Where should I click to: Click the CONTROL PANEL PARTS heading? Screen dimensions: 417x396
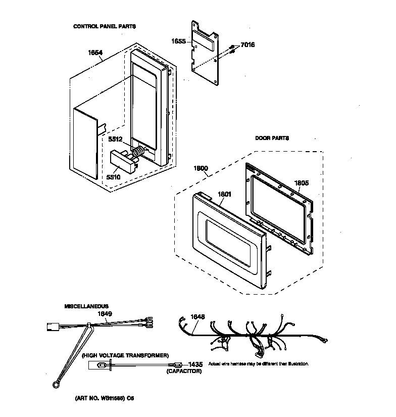[x=105, y=26]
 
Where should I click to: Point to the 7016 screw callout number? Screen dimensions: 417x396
[x=247, y=45]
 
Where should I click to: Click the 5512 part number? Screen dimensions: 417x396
[x=116, y=140]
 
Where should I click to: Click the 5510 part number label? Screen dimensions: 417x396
[x=113, y=177]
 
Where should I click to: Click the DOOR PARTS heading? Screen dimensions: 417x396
[x=272, y=138]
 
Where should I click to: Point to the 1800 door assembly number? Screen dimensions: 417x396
[x=201, y=169]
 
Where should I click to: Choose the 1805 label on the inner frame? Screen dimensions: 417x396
[x=302, y=182]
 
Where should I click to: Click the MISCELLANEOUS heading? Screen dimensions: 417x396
[x=86, y=306]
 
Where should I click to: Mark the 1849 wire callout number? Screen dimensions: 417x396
[x=105, y=314]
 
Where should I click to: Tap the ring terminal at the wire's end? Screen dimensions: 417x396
[x=55, y=386]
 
